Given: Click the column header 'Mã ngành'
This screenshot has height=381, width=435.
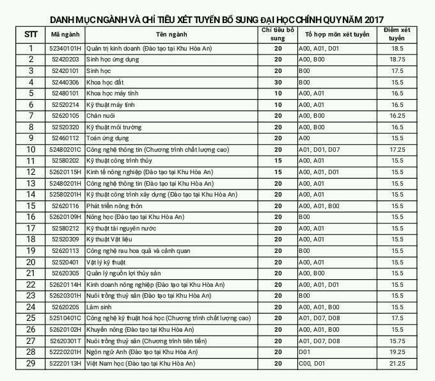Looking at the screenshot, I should click(65, 33).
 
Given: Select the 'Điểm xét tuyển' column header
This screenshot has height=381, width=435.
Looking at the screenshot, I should click(397, 34).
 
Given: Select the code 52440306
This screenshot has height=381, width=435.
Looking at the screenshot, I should click(65, 82).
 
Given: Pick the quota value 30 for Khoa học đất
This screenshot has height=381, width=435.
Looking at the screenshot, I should click(278, 82).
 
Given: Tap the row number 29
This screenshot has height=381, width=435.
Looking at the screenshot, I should click(30, 364).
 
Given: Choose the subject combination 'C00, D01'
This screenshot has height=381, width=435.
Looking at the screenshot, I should click(314, 364).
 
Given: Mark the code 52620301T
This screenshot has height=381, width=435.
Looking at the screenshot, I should click(65, 341).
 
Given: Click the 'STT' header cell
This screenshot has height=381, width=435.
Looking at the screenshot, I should click(30, 33).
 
